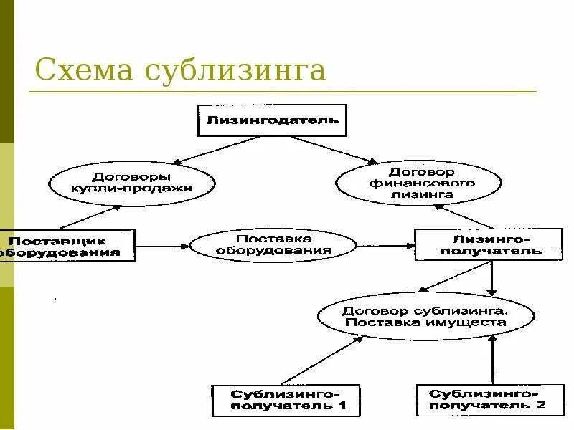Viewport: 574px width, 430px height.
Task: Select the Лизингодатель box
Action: click(272, 120)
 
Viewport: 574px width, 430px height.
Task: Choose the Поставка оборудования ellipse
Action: click(273, 245)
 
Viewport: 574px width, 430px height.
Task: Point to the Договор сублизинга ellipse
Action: click(425, 316)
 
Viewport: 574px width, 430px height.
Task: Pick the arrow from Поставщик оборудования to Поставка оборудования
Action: click(162, 246)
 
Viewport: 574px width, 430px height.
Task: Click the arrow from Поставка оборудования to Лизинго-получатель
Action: click(385, 246)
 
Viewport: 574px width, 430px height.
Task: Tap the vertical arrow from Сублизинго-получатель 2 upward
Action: click(493, 362)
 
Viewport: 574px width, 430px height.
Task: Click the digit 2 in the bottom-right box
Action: click(540, 406)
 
